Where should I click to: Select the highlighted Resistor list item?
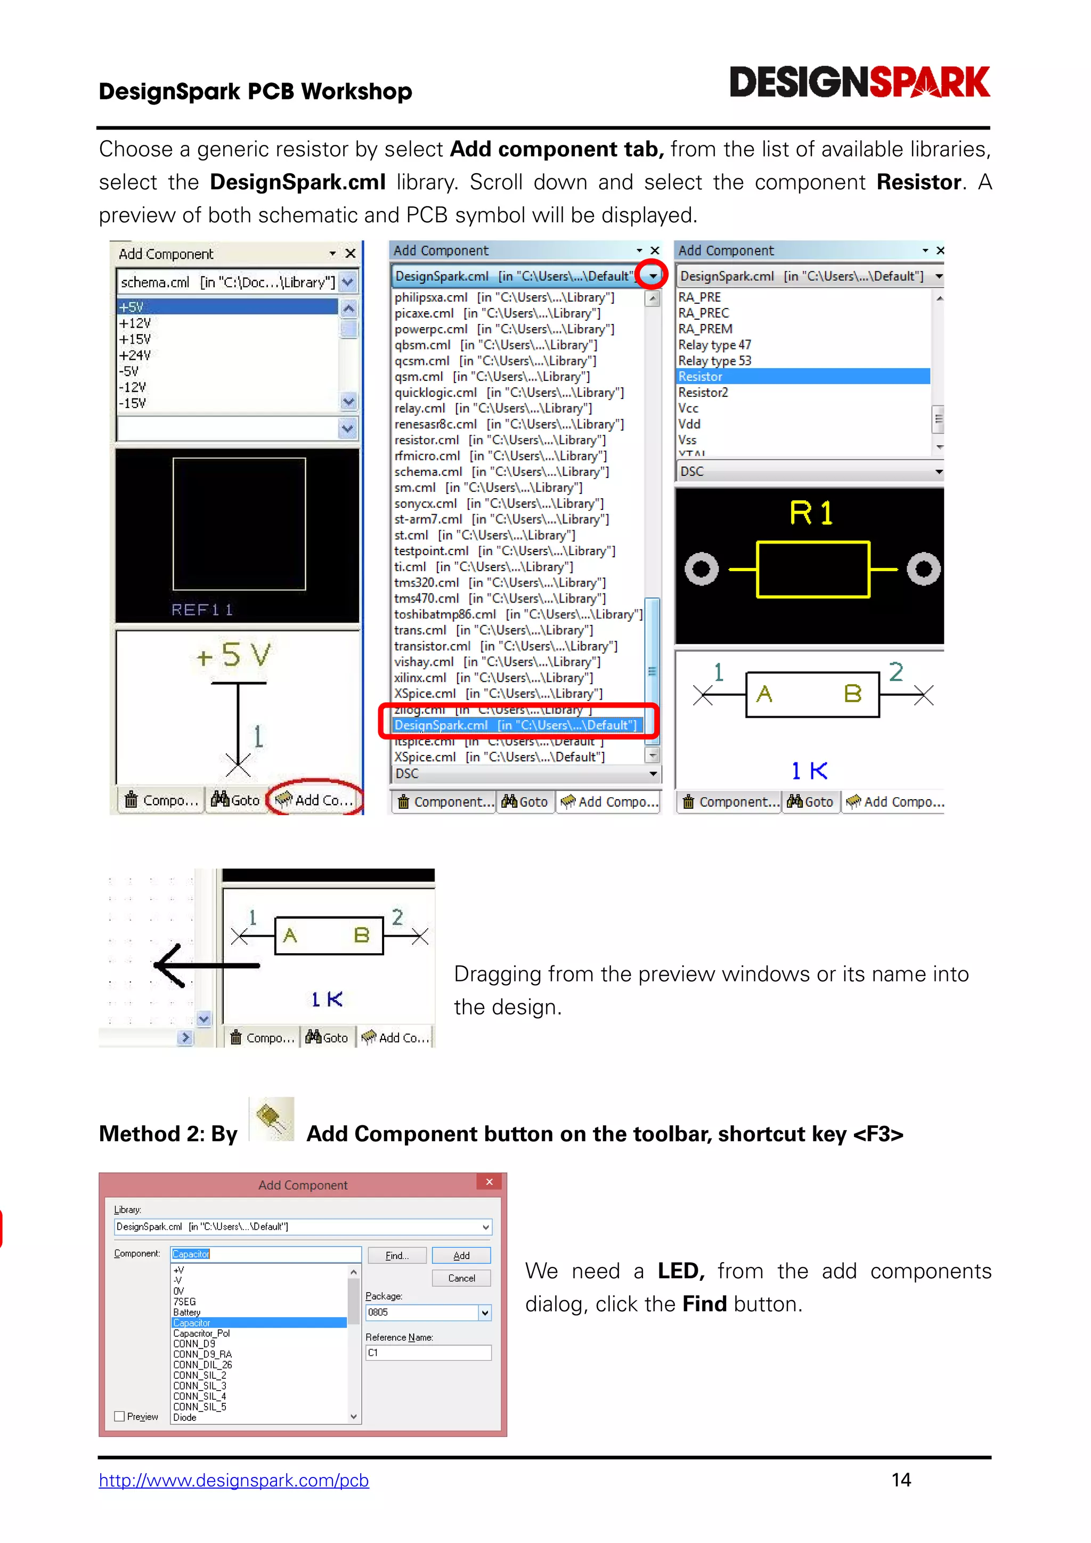(x=802, y=376)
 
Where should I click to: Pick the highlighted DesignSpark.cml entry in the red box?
(x=516, y=725)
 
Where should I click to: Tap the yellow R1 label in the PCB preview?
(x=811, y=513)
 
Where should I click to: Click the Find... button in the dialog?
(x=396, y=1255)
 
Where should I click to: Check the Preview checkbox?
(x=119, y=1416)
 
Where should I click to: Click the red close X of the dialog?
(x=489, y=1182)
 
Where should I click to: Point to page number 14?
(x=901, y=1480)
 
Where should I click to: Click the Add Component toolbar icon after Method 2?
(x=271, y=1119)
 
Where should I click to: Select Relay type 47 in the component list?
(x=714, y=345)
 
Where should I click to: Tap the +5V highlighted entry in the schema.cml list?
(x=227, y=307)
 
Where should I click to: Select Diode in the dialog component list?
(x=185, y=1417)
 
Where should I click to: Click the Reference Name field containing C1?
(x=427, y=1353)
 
